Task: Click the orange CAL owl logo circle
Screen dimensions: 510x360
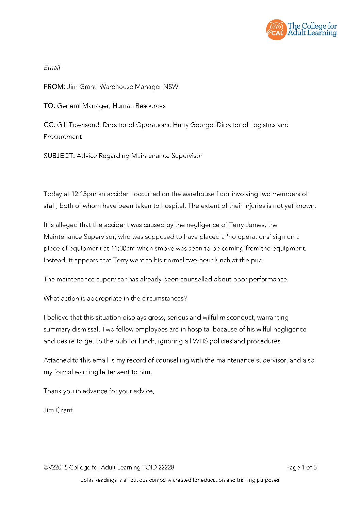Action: point(276,30)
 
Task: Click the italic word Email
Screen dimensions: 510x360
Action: point(52,67)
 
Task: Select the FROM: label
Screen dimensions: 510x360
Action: point(54,87)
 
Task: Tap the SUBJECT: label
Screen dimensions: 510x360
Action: point(59,156)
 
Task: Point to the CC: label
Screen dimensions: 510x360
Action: point(49,125)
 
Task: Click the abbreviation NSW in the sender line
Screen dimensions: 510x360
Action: point(171,87)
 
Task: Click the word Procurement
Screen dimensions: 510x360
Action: point(63,137)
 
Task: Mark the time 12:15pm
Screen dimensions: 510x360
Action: point(84,194)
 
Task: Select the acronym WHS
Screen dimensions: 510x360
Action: point(200,341)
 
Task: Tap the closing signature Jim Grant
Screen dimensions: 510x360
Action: point(58,410)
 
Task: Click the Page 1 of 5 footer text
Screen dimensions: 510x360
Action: point(301,467)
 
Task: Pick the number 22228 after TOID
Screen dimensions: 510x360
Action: point(166,467)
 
